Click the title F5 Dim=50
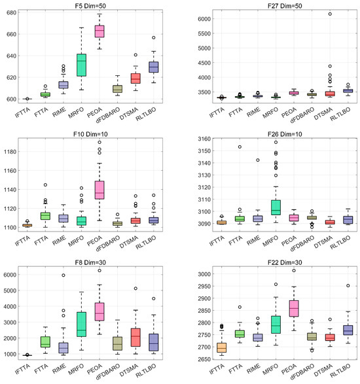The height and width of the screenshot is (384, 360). [99, 5]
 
